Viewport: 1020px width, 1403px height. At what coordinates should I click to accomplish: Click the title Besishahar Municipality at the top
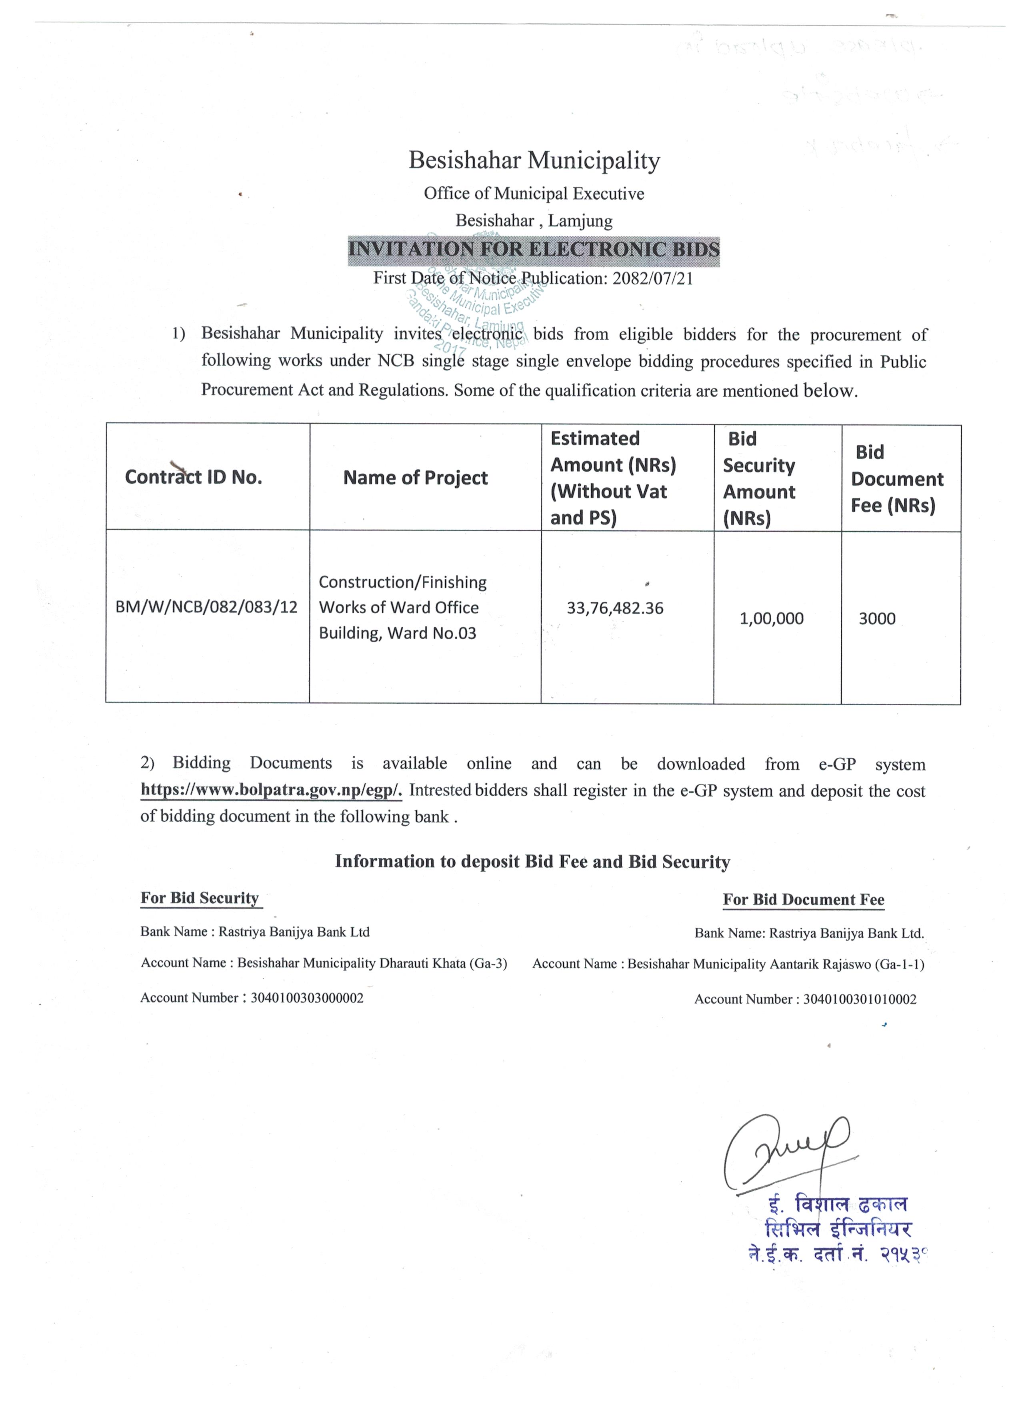[x=534, y=160]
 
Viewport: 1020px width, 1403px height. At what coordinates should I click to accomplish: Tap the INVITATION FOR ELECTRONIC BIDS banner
[x=534, y=250]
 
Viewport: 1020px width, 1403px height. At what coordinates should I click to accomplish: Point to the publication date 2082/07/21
[x=652, y=278]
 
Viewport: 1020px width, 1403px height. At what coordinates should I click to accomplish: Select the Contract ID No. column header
[x=194, y=477]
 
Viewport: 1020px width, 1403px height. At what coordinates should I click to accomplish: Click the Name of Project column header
[x=416, y=478]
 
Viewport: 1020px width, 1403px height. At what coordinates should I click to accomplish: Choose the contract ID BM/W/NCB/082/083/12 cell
[x=206, y=607]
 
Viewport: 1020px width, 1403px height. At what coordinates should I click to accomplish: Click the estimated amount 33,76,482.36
[x=615, y=608]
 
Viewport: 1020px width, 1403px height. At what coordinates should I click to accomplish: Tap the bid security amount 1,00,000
[x=771, y=618]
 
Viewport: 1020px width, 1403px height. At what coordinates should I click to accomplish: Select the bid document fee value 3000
[x=876, y=618]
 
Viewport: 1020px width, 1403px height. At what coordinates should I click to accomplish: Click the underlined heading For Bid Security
[x=200, y=898]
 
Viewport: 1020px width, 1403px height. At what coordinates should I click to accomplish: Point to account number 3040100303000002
[x=307, y=998]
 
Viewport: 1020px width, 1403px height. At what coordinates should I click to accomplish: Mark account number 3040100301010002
[x=860, y=999]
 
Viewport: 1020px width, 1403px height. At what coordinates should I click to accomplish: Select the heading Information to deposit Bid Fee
[x=532, y=862]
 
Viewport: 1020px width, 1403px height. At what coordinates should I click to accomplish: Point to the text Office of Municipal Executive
[x=534, y=194]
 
